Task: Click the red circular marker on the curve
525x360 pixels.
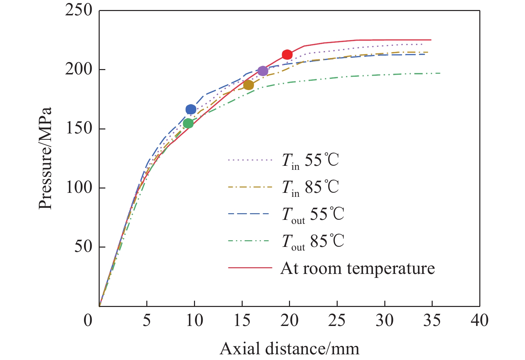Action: [x=287, y=55]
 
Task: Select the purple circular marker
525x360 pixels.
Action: [x=263, y=71]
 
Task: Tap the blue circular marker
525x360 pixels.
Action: [x=191, y=109]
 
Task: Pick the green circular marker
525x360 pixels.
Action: [x=188, y=123]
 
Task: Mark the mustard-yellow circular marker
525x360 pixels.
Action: [x=248, y=85]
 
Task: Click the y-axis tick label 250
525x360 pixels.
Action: [x=79, y=10]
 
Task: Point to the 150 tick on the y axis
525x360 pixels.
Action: [x=79, y=129]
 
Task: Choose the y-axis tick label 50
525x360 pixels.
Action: [x=83, y=247]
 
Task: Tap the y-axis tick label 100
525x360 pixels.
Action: [x=79, y=188]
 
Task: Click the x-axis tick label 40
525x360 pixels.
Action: [x=479, y=320]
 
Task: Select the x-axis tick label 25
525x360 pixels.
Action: [x=337, y=320]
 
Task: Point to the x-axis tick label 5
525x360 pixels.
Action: [x=147, y=320]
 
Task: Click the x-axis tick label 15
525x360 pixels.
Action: [x=242, y=320]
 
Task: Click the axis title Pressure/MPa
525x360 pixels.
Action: [x=45, y=158]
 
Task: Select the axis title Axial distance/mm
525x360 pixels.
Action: [x=289, y=349]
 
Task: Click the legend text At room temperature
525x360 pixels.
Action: [x=358, y=268]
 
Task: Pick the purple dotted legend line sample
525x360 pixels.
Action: [x=250, y=160]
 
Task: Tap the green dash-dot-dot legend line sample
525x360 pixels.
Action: [x=250, y=241]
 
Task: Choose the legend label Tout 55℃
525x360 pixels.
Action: [x=313, y=215]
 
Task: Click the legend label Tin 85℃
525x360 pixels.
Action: [x=310, y=188]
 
